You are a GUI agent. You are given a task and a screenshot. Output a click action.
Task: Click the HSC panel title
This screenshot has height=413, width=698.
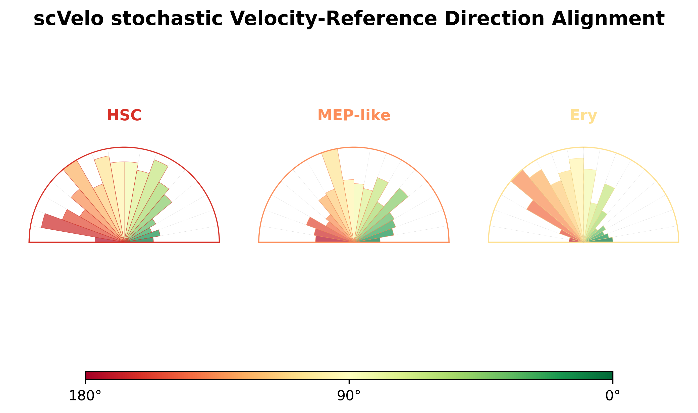click(124, 115)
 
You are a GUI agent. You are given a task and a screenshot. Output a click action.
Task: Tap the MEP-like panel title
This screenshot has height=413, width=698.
click(354, 115)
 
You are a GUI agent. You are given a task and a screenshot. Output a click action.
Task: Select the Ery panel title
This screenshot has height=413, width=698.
click(583, 116)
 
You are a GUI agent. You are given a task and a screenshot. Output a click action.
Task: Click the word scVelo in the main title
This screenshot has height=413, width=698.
click(68, 19)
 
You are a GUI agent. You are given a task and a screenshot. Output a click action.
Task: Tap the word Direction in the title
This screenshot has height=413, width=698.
click(494, 19)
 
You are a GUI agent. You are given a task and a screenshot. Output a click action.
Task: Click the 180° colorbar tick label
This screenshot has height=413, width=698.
click(85, 396)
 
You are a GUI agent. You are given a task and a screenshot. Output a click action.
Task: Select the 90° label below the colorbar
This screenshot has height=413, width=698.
click(349, 396)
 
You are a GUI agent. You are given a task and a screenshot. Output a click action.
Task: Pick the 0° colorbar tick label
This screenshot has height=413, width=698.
click(613, 396)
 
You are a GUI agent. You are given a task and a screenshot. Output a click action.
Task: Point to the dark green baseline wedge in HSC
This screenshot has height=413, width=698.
click(139, 240)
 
